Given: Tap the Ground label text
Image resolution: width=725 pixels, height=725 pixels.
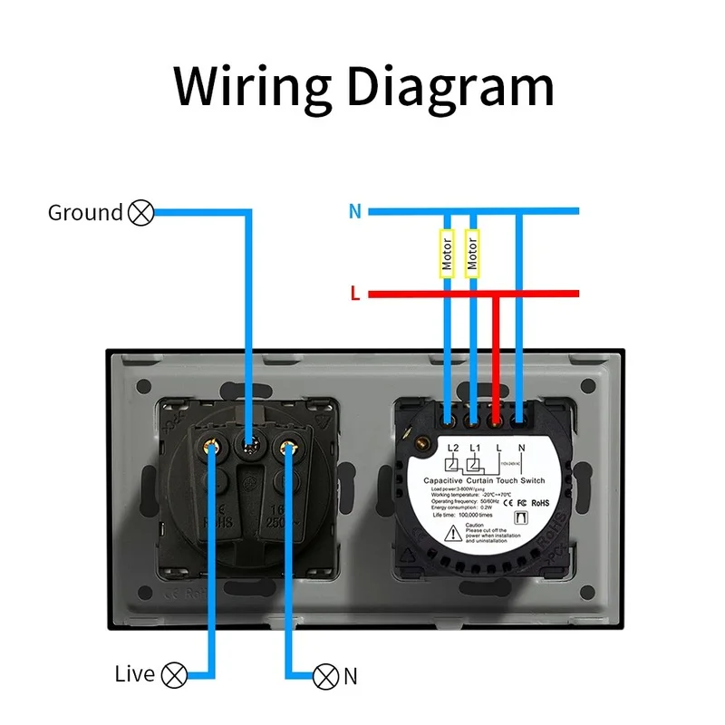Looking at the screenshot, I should [x=84, y=213].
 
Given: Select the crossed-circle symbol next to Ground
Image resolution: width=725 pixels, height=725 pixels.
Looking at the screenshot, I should [x=141, y=213].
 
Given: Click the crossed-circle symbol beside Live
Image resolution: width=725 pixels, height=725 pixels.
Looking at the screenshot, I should [x=174, y=674].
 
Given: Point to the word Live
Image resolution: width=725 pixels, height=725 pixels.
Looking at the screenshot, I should [x=135, y=674].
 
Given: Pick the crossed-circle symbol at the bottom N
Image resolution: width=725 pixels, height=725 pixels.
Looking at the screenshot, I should [x=325, y=675].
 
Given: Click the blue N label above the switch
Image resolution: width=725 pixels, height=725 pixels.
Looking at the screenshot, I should [x=354, y=212].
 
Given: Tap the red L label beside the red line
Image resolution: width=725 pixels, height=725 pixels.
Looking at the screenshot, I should [x=355, y=294].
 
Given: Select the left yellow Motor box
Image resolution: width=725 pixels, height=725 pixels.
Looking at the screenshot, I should [x=447, y=254].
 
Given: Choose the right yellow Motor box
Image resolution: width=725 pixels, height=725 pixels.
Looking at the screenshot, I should [x=471, y=254].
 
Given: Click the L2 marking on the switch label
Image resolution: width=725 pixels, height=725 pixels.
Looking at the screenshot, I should [x=452, y=449].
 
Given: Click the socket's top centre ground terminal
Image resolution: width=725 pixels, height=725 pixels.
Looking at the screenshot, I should [x=248, y=446].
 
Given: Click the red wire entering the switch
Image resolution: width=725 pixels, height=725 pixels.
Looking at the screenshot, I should [x=495, y=362].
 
